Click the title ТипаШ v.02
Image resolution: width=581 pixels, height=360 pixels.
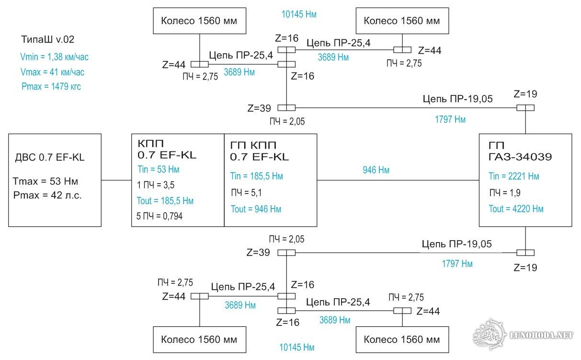coord(48,39)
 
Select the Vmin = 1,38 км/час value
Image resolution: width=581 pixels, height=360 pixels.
coord(55,57)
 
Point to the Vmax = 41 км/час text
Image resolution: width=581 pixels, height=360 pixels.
coord(53,72)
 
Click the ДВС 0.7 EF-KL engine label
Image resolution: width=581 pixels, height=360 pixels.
coord(50,157)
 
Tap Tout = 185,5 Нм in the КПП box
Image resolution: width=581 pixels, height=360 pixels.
coord(166,200)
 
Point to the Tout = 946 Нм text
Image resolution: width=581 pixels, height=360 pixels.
coord(256,209)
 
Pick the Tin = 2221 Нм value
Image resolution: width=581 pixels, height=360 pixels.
coord(514,176)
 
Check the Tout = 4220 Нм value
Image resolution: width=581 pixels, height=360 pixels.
coord(516,209)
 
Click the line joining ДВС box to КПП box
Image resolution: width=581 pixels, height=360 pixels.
coord(116,180)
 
